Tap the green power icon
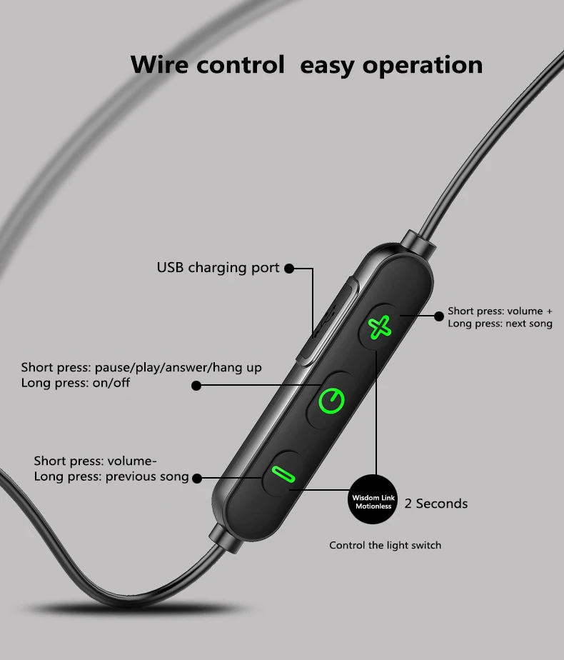tap(332, 400)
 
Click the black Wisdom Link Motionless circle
tap(374, 501)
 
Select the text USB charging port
tap(218, 268)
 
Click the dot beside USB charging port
tap(288, 269)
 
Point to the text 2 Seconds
tap(436, 504)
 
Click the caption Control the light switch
tap(385, 546)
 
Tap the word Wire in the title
tap(161, 65)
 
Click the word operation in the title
tap(422, 65)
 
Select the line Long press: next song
tap(500, 324)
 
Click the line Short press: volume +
tap(500, 311)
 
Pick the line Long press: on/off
tap(76, 383)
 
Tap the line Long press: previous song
tap(111, 476)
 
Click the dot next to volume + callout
tap(438, 315)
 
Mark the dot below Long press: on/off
tap(196, 386)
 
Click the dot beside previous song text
tap(197, 477)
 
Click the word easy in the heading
tap(327, 65)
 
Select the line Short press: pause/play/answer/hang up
tap(141, 368)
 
